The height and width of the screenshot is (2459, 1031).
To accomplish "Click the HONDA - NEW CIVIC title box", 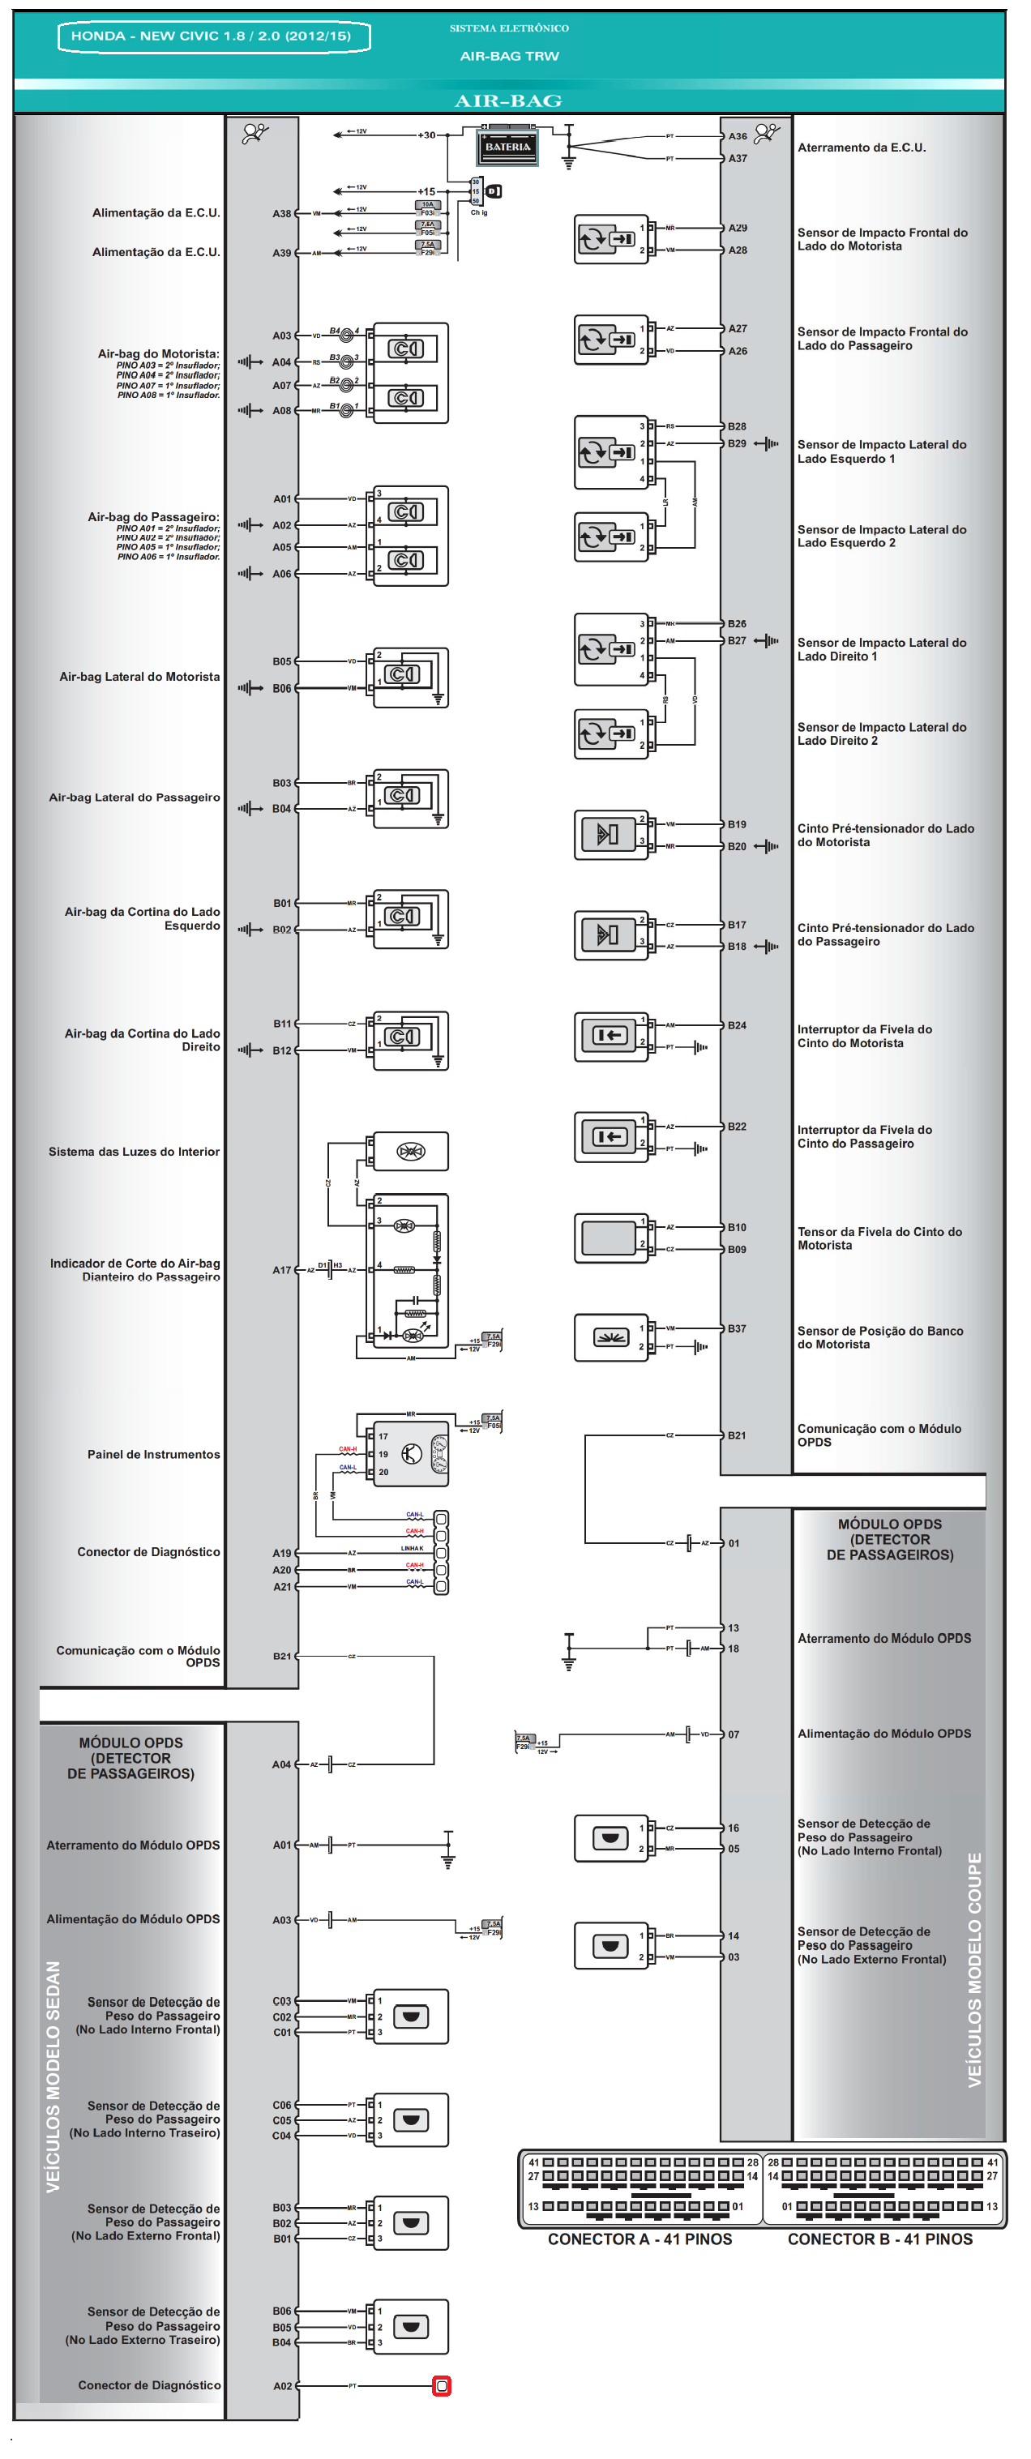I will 213,36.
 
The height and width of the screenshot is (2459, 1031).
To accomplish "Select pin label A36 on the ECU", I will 737,136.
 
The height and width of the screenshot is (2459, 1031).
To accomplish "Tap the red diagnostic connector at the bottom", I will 441,2385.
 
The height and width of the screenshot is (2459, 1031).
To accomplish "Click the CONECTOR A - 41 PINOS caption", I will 640,2239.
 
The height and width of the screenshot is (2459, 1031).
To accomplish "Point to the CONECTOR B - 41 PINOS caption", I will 879,2239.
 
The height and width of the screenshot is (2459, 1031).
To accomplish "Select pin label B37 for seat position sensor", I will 736,1328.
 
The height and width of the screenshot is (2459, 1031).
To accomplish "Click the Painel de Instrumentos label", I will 154,1454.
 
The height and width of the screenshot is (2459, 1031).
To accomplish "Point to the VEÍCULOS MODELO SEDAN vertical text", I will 53,2076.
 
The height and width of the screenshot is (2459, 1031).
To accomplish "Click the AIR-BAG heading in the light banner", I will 508,101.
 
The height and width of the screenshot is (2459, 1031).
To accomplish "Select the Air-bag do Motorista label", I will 159,354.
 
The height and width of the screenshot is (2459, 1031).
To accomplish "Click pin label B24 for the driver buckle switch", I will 736,1025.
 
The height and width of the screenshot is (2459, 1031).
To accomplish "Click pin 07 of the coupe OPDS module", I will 734,1734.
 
